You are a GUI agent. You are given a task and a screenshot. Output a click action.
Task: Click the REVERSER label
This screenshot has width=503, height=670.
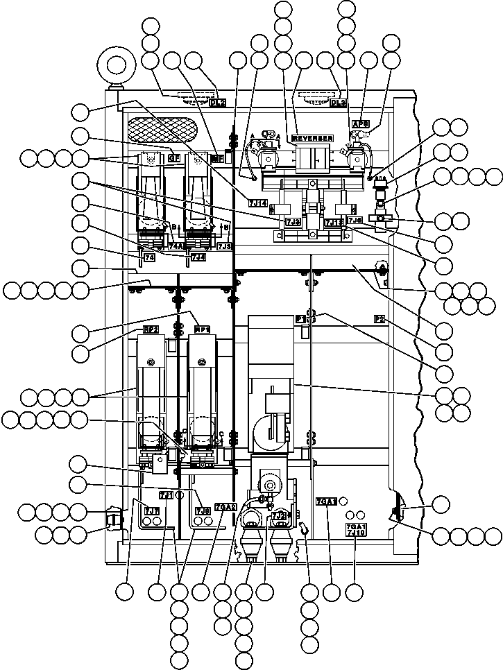(x=312, y=138)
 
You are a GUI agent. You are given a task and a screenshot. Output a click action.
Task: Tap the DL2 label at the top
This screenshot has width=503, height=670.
(x=217, y=103)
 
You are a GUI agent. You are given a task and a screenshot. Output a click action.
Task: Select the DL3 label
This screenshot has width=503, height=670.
(x=338, y=103)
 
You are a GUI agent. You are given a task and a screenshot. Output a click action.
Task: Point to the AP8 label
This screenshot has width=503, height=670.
(x=360, y=124)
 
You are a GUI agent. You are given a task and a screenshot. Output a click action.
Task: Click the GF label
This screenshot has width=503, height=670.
(x=174, y=158)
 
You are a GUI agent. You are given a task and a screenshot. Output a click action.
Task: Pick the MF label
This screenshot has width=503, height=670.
(x=216, y=158)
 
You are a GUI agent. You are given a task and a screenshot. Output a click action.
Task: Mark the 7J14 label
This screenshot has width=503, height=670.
(x=257, y=203)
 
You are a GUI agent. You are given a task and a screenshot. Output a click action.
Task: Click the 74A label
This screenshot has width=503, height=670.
(x=176, y=246)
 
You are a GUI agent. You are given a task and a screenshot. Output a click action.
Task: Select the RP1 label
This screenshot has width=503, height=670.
(x=203, y=329)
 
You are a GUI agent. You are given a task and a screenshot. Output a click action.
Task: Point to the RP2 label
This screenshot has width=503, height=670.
(x=151, y=329)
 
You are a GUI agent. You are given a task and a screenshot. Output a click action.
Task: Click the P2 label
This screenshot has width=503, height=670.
(x=380, y=319)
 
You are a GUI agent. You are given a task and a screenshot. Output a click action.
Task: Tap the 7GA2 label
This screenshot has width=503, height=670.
(x=226, y=506)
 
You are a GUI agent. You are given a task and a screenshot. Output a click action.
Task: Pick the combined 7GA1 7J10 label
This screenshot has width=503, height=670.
(x=355, y=530)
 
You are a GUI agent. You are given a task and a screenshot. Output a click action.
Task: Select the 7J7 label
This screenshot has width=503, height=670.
(x=151, y=510)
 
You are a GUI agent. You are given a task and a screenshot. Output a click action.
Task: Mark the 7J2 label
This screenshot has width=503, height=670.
(x=279, y=515)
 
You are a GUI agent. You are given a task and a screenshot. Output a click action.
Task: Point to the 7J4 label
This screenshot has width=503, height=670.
(x=198, y=257)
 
